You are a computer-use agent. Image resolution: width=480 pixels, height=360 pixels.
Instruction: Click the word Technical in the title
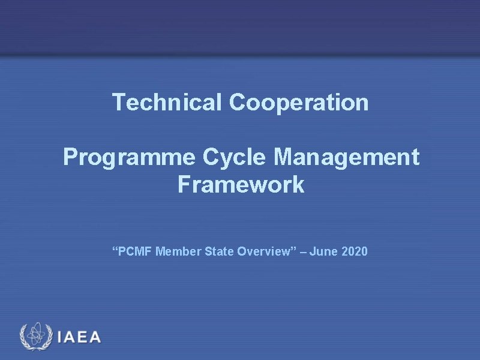(167, 103)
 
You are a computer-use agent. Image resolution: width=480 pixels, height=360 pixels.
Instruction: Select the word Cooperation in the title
(299, 103)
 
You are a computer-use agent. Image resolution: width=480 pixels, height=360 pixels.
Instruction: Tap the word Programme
(130, 158)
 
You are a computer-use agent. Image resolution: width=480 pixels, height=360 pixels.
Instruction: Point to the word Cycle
(235, 158)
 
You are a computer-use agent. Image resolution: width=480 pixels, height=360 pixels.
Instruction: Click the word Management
(346, 158)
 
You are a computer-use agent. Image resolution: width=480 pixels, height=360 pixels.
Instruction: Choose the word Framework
(241, 184)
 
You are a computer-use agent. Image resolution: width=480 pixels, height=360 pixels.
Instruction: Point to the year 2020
(355, 251)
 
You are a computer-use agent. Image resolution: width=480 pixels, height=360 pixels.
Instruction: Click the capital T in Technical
(118, 103)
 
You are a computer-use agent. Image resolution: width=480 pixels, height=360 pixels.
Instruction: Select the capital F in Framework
(184, 184)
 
